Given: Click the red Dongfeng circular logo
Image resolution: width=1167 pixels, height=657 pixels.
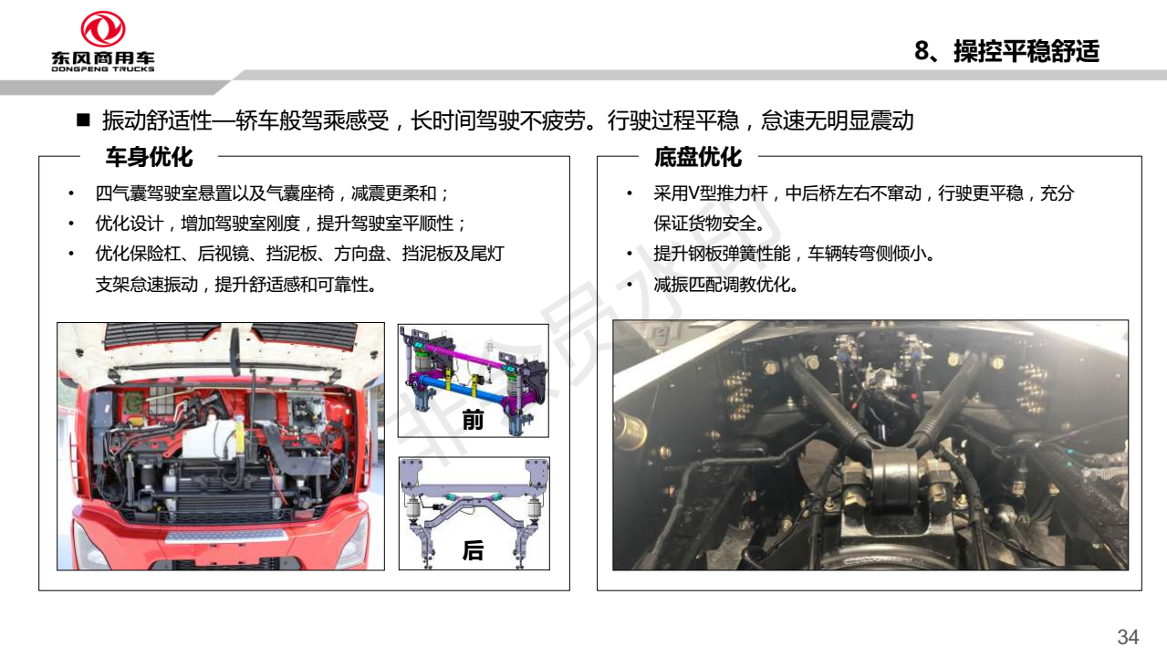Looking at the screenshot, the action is [x=102, y=29].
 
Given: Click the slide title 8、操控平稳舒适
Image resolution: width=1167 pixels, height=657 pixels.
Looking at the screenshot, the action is [x=1006, y=51].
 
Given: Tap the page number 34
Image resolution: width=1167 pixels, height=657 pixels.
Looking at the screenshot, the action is [x=1128, y=637].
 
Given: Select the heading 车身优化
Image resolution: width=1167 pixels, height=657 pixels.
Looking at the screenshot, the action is [x=149, y=157].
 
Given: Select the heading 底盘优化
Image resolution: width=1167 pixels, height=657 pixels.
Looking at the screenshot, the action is [x=698, y=157].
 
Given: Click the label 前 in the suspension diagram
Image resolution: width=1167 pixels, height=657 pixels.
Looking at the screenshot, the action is [x=473, y=420].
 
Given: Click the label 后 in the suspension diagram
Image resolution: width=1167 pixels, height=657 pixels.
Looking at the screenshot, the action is [x=473, y=549].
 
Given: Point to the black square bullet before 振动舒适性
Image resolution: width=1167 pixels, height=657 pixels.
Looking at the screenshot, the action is [x=83, y=120].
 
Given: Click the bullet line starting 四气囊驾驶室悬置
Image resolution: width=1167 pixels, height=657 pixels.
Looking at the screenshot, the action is [x=271, y=193].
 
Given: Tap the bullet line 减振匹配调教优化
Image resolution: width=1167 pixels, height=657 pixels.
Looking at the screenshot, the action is [x=725, y=285].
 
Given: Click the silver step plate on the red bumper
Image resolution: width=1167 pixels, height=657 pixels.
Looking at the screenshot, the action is [x=225, y=537].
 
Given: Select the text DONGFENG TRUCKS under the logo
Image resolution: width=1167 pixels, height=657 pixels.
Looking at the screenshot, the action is [x=102, y=68].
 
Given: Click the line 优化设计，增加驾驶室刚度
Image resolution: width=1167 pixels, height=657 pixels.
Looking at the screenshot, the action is [x=280, y=224].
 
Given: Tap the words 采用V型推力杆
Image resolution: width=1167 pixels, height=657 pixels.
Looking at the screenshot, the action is [x=711, y=193].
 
